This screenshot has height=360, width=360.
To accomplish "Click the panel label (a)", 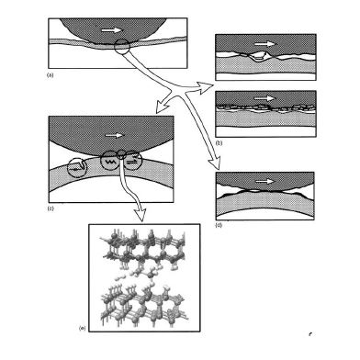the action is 50,74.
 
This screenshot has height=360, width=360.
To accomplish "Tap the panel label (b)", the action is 219,143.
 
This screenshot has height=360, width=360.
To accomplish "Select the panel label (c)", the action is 51,208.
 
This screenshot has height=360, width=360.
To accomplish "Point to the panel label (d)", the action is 219,225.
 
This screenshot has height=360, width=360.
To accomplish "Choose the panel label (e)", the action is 83,328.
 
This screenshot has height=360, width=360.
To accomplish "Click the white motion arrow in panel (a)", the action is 112,30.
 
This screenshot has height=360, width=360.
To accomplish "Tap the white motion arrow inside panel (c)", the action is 115,135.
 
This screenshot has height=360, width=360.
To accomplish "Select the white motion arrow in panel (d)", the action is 264,181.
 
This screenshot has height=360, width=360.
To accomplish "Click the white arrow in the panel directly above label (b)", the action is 265,98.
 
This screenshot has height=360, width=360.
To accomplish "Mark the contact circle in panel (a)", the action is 122,47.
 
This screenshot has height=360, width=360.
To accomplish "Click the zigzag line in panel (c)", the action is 110,161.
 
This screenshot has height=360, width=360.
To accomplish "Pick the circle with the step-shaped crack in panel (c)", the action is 77,167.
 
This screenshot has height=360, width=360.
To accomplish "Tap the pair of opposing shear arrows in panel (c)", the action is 132,161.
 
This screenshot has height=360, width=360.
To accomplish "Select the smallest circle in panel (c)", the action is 121,154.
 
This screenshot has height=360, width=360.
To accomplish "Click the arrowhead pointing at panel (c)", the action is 161,107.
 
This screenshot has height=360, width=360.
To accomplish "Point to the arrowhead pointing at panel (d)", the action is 216,163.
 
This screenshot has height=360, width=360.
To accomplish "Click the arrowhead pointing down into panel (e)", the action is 141,215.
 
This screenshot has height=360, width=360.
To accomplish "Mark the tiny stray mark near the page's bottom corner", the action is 310,333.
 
